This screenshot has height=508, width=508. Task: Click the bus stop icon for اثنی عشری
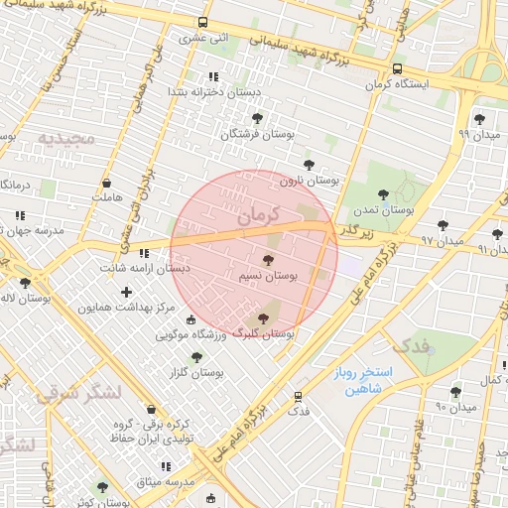point(203,22)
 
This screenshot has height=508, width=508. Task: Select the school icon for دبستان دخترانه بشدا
point(213,76)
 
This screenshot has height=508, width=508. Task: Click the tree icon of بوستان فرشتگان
point(258,117)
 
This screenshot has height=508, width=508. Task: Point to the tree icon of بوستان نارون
point(309,165)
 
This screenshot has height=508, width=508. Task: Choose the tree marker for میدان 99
point(480,119)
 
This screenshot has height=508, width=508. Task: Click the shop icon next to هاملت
point(106,183)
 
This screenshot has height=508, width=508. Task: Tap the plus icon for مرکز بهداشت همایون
point(126,292)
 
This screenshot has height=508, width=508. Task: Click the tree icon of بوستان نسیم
point(269,258)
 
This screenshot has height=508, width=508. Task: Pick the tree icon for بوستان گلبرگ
point(262,318)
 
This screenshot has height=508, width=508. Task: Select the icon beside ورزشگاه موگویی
point(190,319)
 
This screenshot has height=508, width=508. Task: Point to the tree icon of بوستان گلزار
point(196,356)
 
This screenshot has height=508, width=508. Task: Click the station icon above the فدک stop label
point(298,396)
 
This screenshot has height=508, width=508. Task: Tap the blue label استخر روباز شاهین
point(363,381)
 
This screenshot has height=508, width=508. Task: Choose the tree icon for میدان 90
point(456,392)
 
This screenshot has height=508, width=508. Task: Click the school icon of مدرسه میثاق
point(165,465)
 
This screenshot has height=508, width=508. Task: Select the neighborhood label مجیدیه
point(66,137)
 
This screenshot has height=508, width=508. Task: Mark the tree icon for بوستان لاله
point(26,283)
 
